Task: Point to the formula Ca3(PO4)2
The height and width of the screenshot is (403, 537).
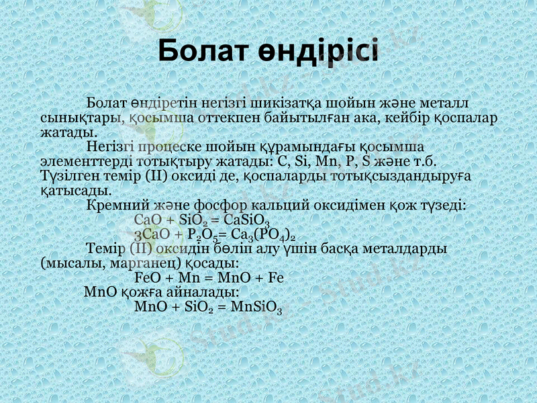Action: coord(262,235)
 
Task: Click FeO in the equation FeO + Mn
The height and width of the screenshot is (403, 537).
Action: coord(147,277)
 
